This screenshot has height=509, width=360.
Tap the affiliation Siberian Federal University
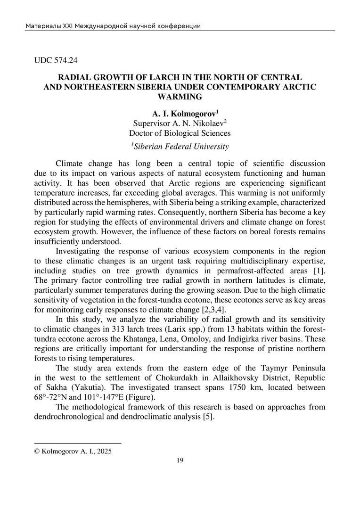[x=181, y=146]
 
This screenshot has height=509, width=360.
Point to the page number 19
[x=180, y=460]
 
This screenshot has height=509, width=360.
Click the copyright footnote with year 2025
[x=74, y=451]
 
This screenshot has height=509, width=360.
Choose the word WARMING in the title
[x=180, y=97]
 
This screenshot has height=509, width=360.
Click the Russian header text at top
[x=113, y=26]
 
